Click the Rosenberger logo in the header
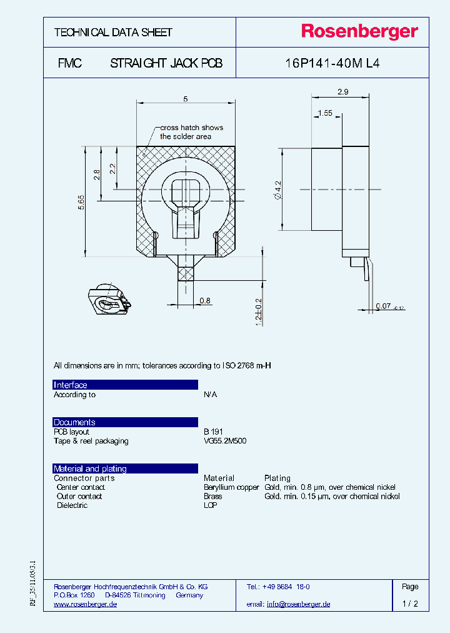pyautogui.click(x=359, y=32)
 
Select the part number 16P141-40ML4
pyautogui.click(x=332, y=63)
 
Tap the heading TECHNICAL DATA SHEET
pyautogui.click(x=113, y=33)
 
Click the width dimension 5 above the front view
pyautogui.click(x=186, y=99)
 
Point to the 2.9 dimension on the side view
pyautogui.click(x=342, y=92)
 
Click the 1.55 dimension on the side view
pyautogui.click(x=324, y=113)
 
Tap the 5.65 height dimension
pyautogui.click(x=81, y=202)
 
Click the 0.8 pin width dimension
pyautogui.click(x=205, y=301)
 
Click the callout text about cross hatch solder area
pyautogui.click(x=191, y=132)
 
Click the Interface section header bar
pyautogui.click(x=125, y=385)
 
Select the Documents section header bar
pyautogui.click(x=125, y=422)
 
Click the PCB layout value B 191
pyautogui.click(x=213, y=432)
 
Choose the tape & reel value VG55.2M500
pyautogui.click(x=225, y=441)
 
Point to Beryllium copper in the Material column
pyautogui.click(x=231, y=487)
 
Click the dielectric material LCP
pyautogui.click(x=211, y=505)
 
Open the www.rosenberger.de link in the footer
pyautogui.click(x=86, y=604)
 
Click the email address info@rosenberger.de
pyautogui.click(x=298, y=604)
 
